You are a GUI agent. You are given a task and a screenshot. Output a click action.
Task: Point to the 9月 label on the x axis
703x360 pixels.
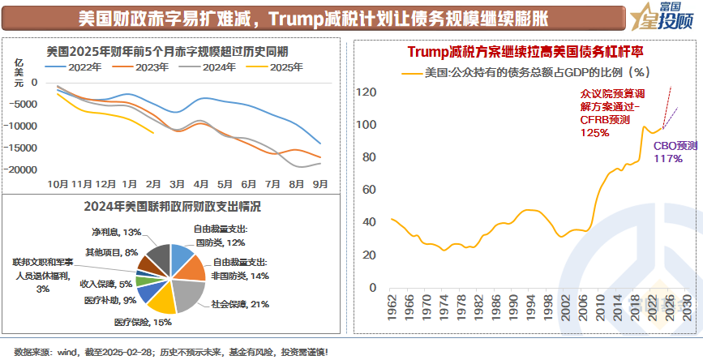[x=320, y=183]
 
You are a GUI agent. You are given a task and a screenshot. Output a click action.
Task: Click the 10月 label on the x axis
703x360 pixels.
[x=57, y=183]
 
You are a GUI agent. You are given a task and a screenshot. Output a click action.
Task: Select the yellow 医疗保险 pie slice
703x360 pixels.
[x=157, y=298]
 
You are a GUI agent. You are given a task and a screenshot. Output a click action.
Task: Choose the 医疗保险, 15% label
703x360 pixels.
[x=142, y=323]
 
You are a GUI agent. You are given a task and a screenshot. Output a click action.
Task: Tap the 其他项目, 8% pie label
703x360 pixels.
[x=111, y=252]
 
